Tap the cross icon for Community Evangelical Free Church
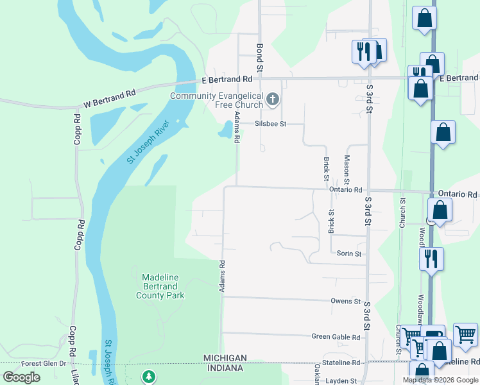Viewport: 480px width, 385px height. (273, 99)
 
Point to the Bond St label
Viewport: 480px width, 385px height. (260, 57)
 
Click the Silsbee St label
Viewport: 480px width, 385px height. (270, 124)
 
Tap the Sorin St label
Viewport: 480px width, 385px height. (349, 253)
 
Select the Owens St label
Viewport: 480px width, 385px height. (346, 301)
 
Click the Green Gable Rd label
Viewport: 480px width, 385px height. (336, 336)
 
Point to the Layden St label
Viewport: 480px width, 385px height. (340, 381)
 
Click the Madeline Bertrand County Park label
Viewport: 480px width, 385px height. (160, 286)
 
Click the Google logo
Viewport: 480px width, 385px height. (21, 377)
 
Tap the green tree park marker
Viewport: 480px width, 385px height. (148, 376)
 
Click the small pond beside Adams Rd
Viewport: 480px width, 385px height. (225, 131)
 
